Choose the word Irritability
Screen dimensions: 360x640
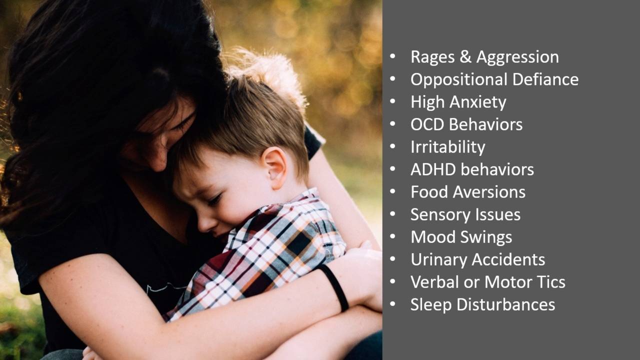[447, 147]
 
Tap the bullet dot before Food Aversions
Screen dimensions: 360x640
[393, 192]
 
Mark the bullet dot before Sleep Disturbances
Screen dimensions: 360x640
[393, 304]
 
